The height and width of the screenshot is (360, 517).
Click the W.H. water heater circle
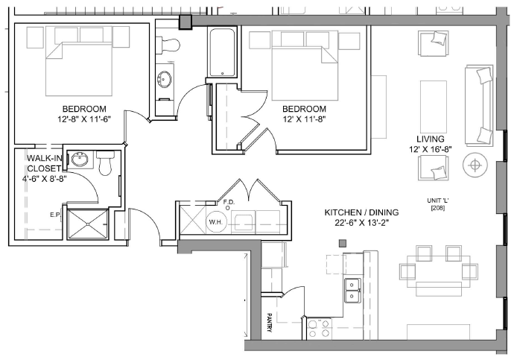(x=215, y=222)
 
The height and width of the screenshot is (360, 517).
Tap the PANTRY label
(x=269, y=322)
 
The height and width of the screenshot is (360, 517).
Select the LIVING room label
(x=431, y=139)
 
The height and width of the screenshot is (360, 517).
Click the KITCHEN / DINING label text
(x=362, y=212)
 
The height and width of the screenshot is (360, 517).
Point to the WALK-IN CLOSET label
(x=44, y=163)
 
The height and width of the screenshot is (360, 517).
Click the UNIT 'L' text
(x=438, y=200)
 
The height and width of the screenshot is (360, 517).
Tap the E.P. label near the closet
(x=55, y=215)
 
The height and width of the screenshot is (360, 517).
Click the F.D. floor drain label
(x=229, y=202)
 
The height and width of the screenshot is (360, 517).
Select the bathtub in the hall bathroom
(x=222, y=53)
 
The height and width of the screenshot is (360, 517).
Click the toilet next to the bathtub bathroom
(x=168, y=45)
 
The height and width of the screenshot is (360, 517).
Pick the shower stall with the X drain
(x=87, y=224)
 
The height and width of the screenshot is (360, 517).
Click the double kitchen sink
(x=352, y=290)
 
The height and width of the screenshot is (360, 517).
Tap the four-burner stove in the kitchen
(x=319, y=329)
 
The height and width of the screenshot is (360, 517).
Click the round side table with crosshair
(x=475, y=165)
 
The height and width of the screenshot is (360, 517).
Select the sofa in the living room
(x=479, y=106)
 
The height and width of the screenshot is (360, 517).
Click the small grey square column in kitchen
(x=343, y=244)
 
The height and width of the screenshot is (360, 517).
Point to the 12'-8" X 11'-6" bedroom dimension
(x=84, y=119)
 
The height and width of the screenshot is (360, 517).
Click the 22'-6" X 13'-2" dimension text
(x=362, y=223)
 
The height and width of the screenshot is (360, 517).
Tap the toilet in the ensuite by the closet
(x=106, y=163)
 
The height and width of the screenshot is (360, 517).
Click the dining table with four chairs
(x=439, y=271)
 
